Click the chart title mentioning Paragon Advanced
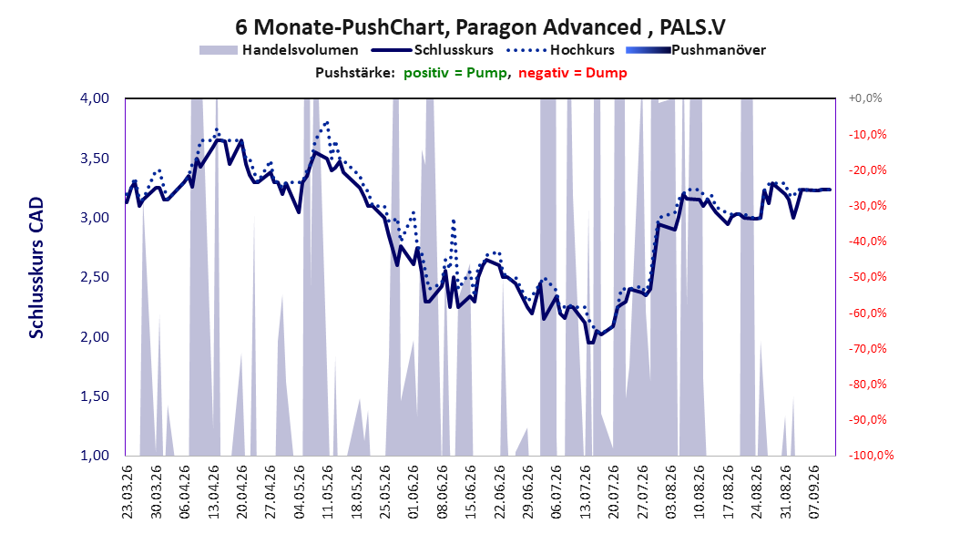[x=480, y=27]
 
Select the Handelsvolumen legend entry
[x=280, y=50]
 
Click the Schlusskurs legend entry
[x=433, y=50]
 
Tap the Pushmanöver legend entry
[x=696, y=50]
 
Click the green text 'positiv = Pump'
[x=454, y=73]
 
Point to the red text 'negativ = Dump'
[x=573, y=73]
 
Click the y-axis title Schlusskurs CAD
[x=36, y=268]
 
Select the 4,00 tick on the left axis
[x=95, y=98]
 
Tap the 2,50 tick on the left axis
[x=95, y=277]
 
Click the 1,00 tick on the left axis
[x=95, y=456]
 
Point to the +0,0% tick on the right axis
[x=865, y=98]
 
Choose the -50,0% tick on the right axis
[x=867, y=277]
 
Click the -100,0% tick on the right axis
[x=871, y=456]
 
